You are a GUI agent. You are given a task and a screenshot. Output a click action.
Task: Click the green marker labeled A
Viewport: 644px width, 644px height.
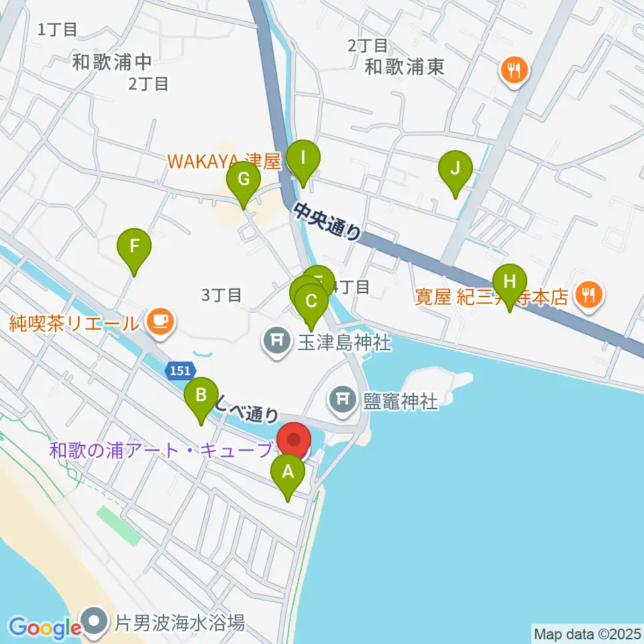point(288,473)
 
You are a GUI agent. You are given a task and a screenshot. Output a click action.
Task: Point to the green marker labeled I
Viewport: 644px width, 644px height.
point(303,160)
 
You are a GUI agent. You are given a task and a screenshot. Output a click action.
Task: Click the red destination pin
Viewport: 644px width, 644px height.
point(295,442)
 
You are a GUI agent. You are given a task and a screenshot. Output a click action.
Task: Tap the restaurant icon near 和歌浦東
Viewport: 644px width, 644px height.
point(515,69)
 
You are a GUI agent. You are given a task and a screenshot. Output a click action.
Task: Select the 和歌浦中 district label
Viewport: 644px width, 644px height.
point(113,62)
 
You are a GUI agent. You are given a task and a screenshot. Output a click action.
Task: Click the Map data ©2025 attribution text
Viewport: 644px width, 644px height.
point(586,633)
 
